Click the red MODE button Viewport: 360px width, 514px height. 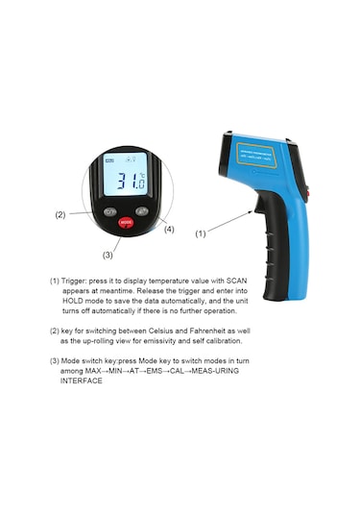pos(126,222)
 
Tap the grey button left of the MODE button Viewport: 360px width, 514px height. pos(110,211)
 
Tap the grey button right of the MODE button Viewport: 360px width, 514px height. pos(141,210)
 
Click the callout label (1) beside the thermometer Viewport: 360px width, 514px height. pos(201,233)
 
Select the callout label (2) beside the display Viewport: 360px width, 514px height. pos(60,214)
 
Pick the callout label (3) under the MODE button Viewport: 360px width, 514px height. pos(108,255)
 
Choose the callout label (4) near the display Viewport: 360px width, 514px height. pos(169,229)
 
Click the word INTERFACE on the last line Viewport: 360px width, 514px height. pos(81,381)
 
